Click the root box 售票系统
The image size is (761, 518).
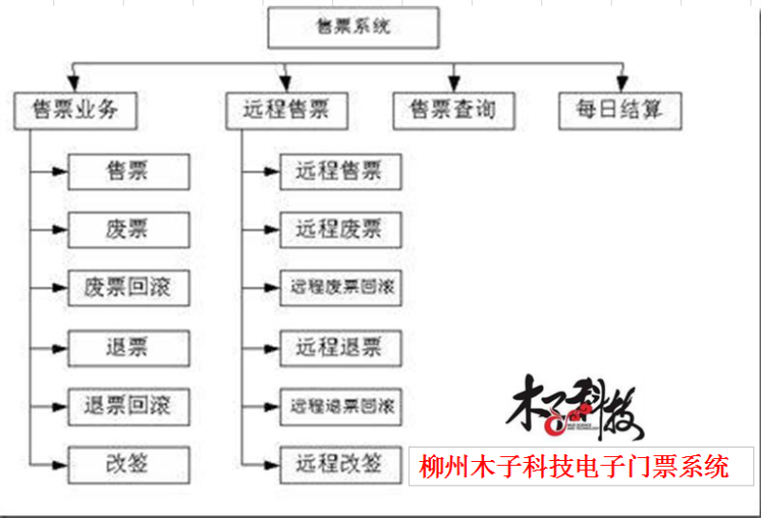[353, 28]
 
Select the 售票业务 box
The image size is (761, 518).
[75, 109]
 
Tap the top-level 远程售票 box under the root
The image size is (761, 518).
[286, 109]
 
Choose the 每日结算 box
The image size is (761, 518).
[621, 109]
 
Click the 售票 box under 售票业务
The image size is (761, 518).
[128, 171]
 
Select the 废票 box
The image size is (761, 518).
[128, 229]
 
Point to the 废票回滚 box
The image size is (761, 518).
[128, 287]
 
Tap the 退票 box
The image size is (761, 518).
[128, 346]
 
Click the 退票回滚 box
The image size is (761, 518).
[128, 406]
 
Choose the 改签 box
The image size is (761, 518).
[128, 464]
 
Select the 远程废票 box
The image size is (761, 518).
[340, 229]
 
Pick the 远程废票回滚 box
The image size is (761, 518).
[340, 287]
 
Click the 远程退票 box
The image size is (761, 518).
[340, 346]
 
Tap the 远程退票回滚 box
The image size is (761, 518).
[340, 406]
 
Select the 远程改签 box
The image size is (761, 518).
[340, 464]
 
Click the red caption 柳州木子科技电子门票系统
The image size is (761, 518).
[575, 467]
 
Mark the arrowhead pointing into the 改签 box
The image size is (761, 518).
[61, 464]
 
